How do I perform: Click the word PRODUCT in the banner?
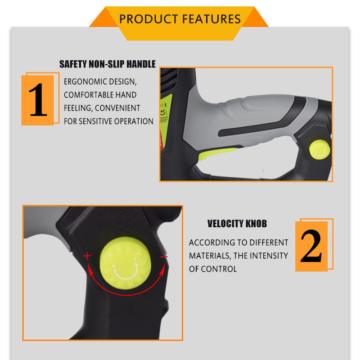(148, 19)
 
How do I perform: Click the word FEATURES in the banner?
(211, 19)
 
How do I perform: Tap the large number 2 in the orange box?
(311, 246)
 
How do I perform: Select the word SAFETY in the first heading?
(73, 64)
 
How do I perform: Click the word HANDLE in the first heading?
(141, 64)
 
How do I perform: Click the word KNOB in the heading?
(256, 224)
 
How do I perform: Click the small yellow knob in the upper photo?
(319, 150)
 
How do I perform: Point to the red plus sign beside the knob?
(87, 256)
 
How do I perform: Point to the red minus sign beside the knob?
(164, 256)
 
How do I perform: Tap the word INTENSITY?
(269, 256)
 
